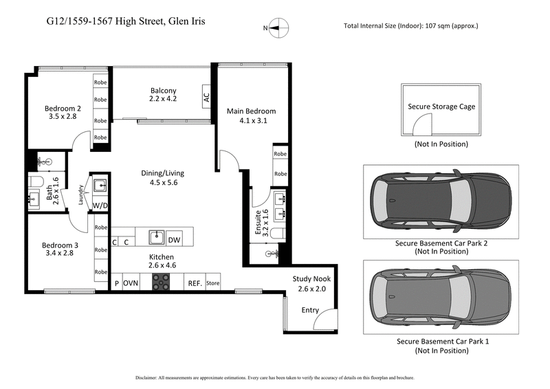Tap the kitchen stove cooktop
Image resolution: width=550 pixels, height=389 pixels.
pyautogui.click(x=162, y=282)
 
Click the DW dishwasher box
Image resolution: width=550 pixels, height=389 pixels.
pyautogui.click(x=175, y=239)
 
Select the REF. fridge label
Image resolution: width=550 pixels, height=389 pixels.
pyautogui.click(x=195, y=283)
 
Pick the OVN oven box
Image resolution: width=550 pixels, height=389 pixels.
pyautogui.click(x=131, y=283)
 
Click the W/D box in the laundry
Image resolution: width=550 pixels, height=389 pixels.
pyautogui.click(x=100, y=205)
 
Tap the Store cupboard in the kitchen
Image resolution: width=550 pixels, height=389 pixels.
pyautogui.click(x=212, y=283)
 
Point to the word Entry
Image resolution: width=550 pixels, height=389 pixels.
pyautogui.click(x=310, y=310)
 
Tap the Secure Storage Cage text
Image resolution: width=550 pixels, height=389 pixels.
pyautogui.click(x=441, y=107)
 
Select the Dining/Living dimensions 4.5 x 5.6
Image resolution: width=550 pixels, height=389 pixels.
pyautogui.click(x=162, y=183)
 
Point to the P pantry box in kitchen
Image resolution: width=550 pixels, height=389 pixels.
pyautogui.click(x=116, y=283)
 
